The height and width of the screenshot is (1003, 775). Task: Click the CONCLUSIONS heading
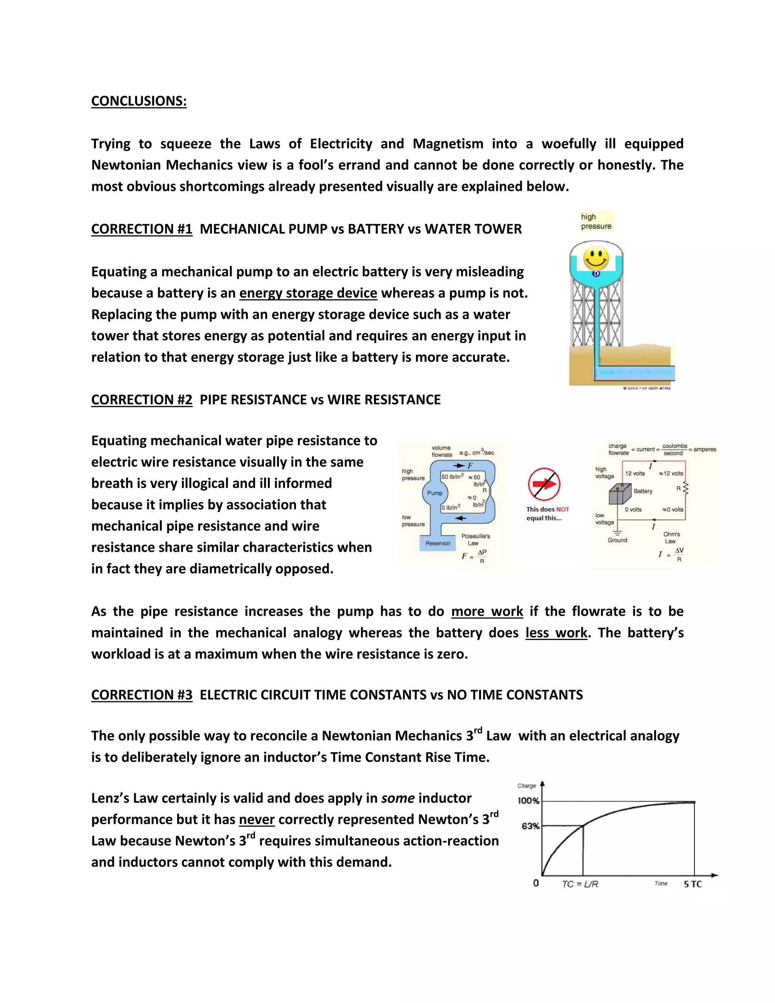pyautogui.click(x=139, y=101)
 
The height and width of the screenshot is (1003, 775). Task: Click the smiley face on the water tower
pyautogui.click(x=596, y=259)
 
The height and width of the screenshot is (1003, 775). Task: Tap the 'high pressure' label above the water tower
pyautogui.click(x=596, y=221)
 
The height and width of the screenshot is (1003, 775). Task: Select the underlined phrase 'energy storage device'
pyautogui.click(x=308, y=293)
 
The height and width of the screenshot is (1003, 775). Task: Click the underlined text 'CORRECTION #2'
pyautogui.click(x=142, y=400)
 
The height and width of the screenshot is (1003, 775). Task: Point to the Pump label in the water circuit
pyautogui.click(x=434, y=493)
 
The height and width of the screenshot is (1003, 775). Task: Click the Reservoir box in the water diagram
pyautogui.click(x=437, y=543)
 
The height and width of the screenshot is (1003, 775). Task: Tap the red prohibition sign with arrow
pyautogui.click(x=544, y=484)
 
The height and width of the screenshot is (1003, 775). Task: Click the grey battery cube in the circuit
pyautogui.click(x=620, y=495)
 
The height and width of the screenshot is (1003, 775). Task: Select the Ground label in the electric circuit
pyautogui.click(x=617, y=540)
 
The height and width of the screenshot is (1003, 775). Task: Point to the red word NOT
pyautogui.click(x=562, y=509)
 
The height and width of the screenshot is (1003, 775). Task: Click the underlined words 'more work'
pyautogui.click(x=487, y=611)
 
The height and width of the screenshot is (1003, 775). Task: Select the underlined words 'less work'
pyautogui.click(x=556, y=633)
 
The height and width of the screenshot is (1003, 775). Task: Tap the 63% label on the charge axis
pyautogui.click(x=530, y=826)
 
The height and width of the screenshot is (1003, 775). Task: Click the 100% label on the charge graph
pyautogui.click(x=528, y=801)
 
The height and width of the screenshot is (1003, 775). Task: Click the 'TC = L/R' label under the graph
pyautogui.click(x=580, y=884)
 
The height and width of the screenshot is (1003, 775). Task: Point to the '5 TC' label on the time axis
pyautogui.click(x=693, y=884)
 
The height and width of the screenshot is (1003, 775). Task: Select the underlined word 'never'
pyautogui.click(x=257, y=820)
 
